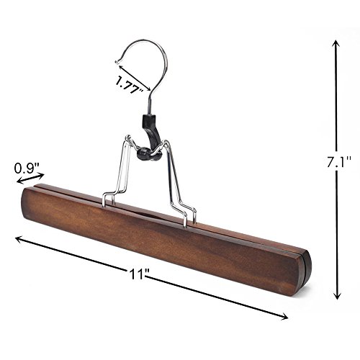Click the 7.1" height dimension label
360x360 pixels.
339,162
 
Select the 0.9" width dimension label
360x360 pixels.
27,168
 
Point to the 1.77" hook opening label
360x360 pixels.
129,84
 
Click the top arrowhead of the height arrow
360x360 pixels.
336,45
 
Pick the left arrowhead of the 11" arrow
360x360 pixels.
19,239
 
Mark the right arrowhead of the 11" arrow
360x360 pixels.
284,317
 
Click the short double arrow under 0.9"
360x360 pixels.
30,179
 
